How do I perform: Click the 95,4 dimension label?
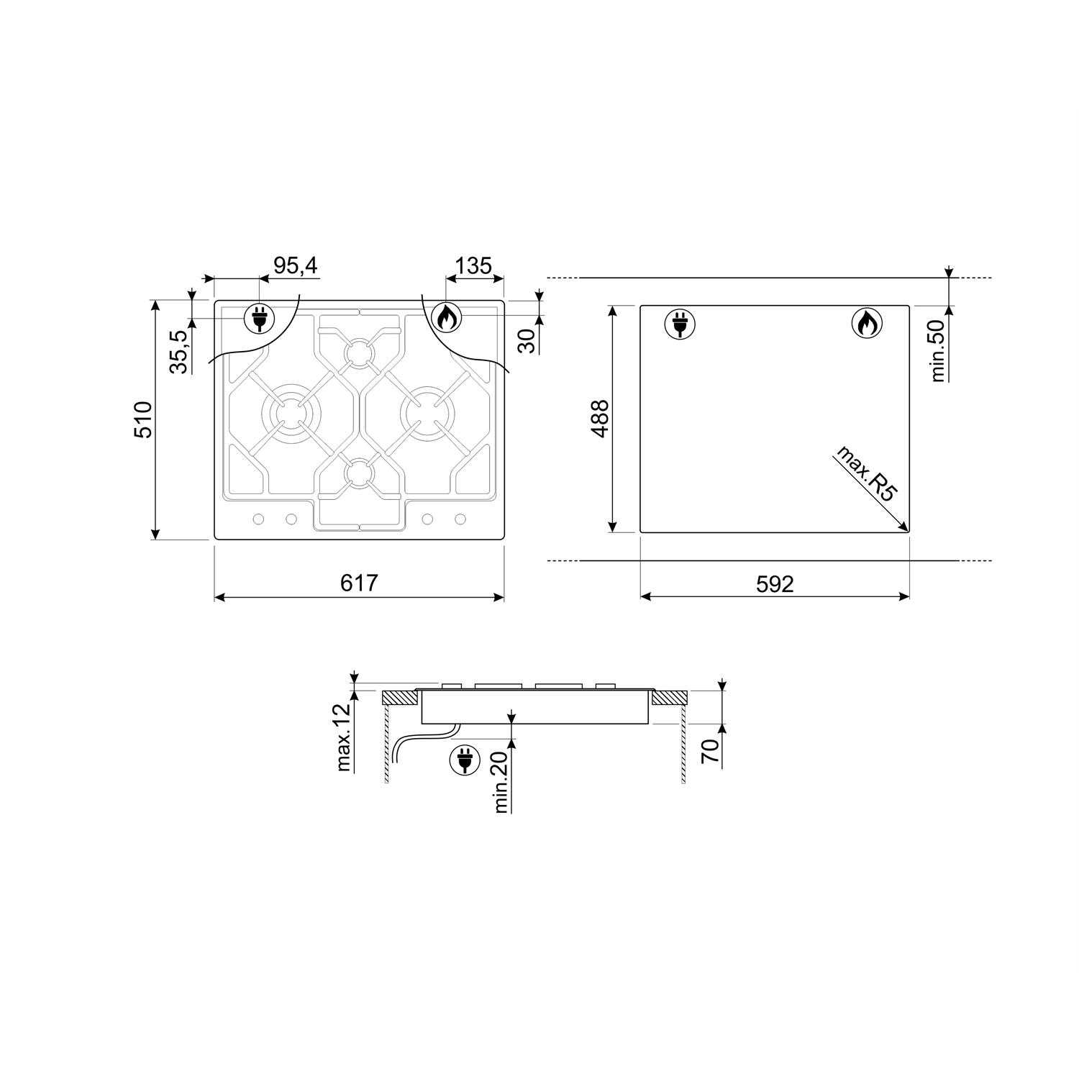pyautogui.click(x=296, y=265)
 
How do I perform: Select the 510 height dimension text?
pyautogui.click(x=143, y=420)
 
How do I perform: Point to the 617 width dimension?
pyautogui.click(x=359, y=583)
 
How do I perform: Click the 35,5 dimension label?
pyautogui.click(x=181, y=350)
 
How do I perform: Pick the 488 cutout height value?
pyautogui.click(x=599, y=419)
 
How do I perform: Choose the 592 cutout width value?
pyautogui.click(x=775, y=583)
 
